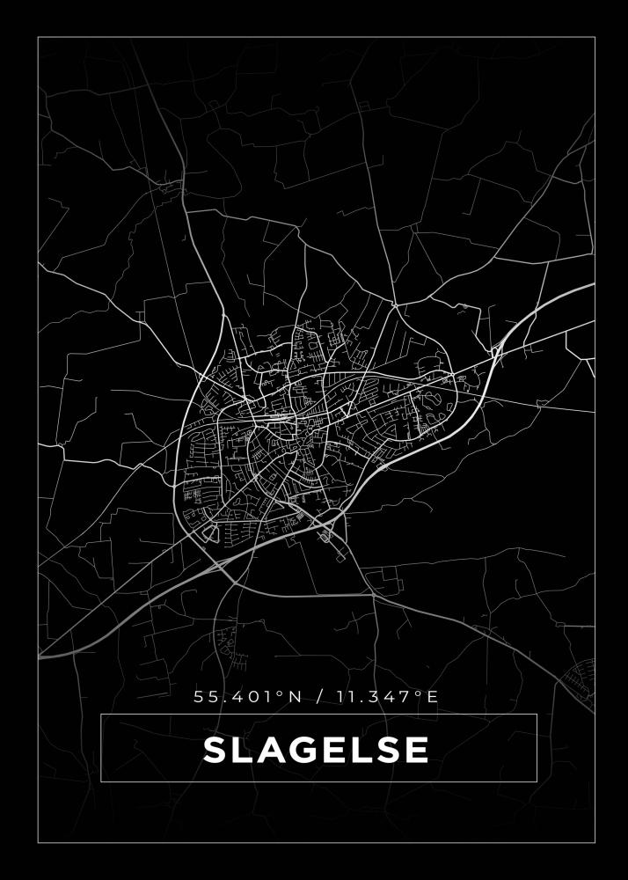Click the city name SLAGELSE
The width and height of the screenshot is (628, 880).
click(317, 750)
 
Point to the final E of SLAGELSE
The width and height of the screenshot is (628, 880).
click(417, 750)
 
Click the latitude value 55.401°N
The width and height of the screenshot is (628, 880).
click(247, 697)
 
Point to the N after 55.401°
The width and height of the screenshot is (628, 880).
click(295, 697)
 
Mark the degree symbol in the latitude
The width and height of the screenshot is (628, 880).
click(281, 693)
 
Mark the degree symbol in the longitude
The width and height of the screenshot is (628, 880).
click(420, 693)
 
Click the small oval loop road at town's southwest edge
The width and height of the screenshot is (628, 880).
click(209, 532)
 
